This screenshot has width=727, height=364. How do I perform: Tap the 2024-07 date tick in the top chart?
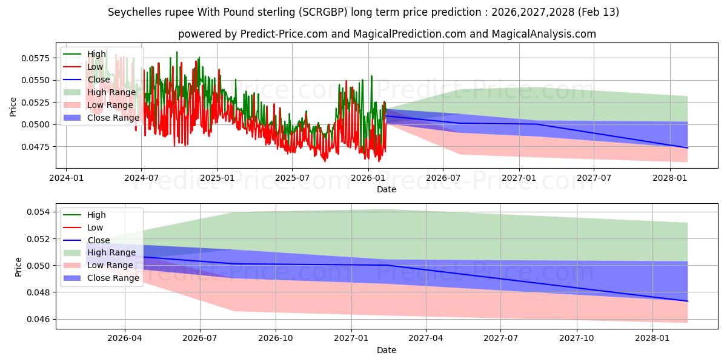pyautogui.click(x=141, y=178)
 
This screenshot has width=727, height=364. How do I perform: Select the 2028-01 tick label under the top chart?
pyautogui.click(x=669, y=178)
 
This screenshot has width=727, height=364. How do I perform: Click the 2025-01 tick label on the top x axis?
pyautogui.click(x=217, y=178)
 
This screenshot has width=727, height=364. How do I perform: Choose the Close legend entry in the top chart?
pyautogui.click(x=99, y=79)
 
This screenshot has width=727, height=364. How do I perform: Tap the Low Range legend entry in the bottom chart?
pyautogui.click(x=110, y=265)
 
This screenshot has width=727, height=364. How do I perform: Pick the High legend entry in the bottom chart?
pyautogui.click(x=96, y=215)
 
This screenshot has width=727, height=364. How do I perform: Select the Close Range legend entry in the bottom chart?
pyautogui.click(x=113, y=278)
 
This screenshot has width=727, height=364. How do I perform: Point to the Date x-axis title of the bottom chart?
pyautogui.click(x=387, y=350)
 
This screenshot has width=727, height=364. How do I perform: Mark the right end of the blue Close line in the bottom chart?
pyautogui.click(x=688, y=301)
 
